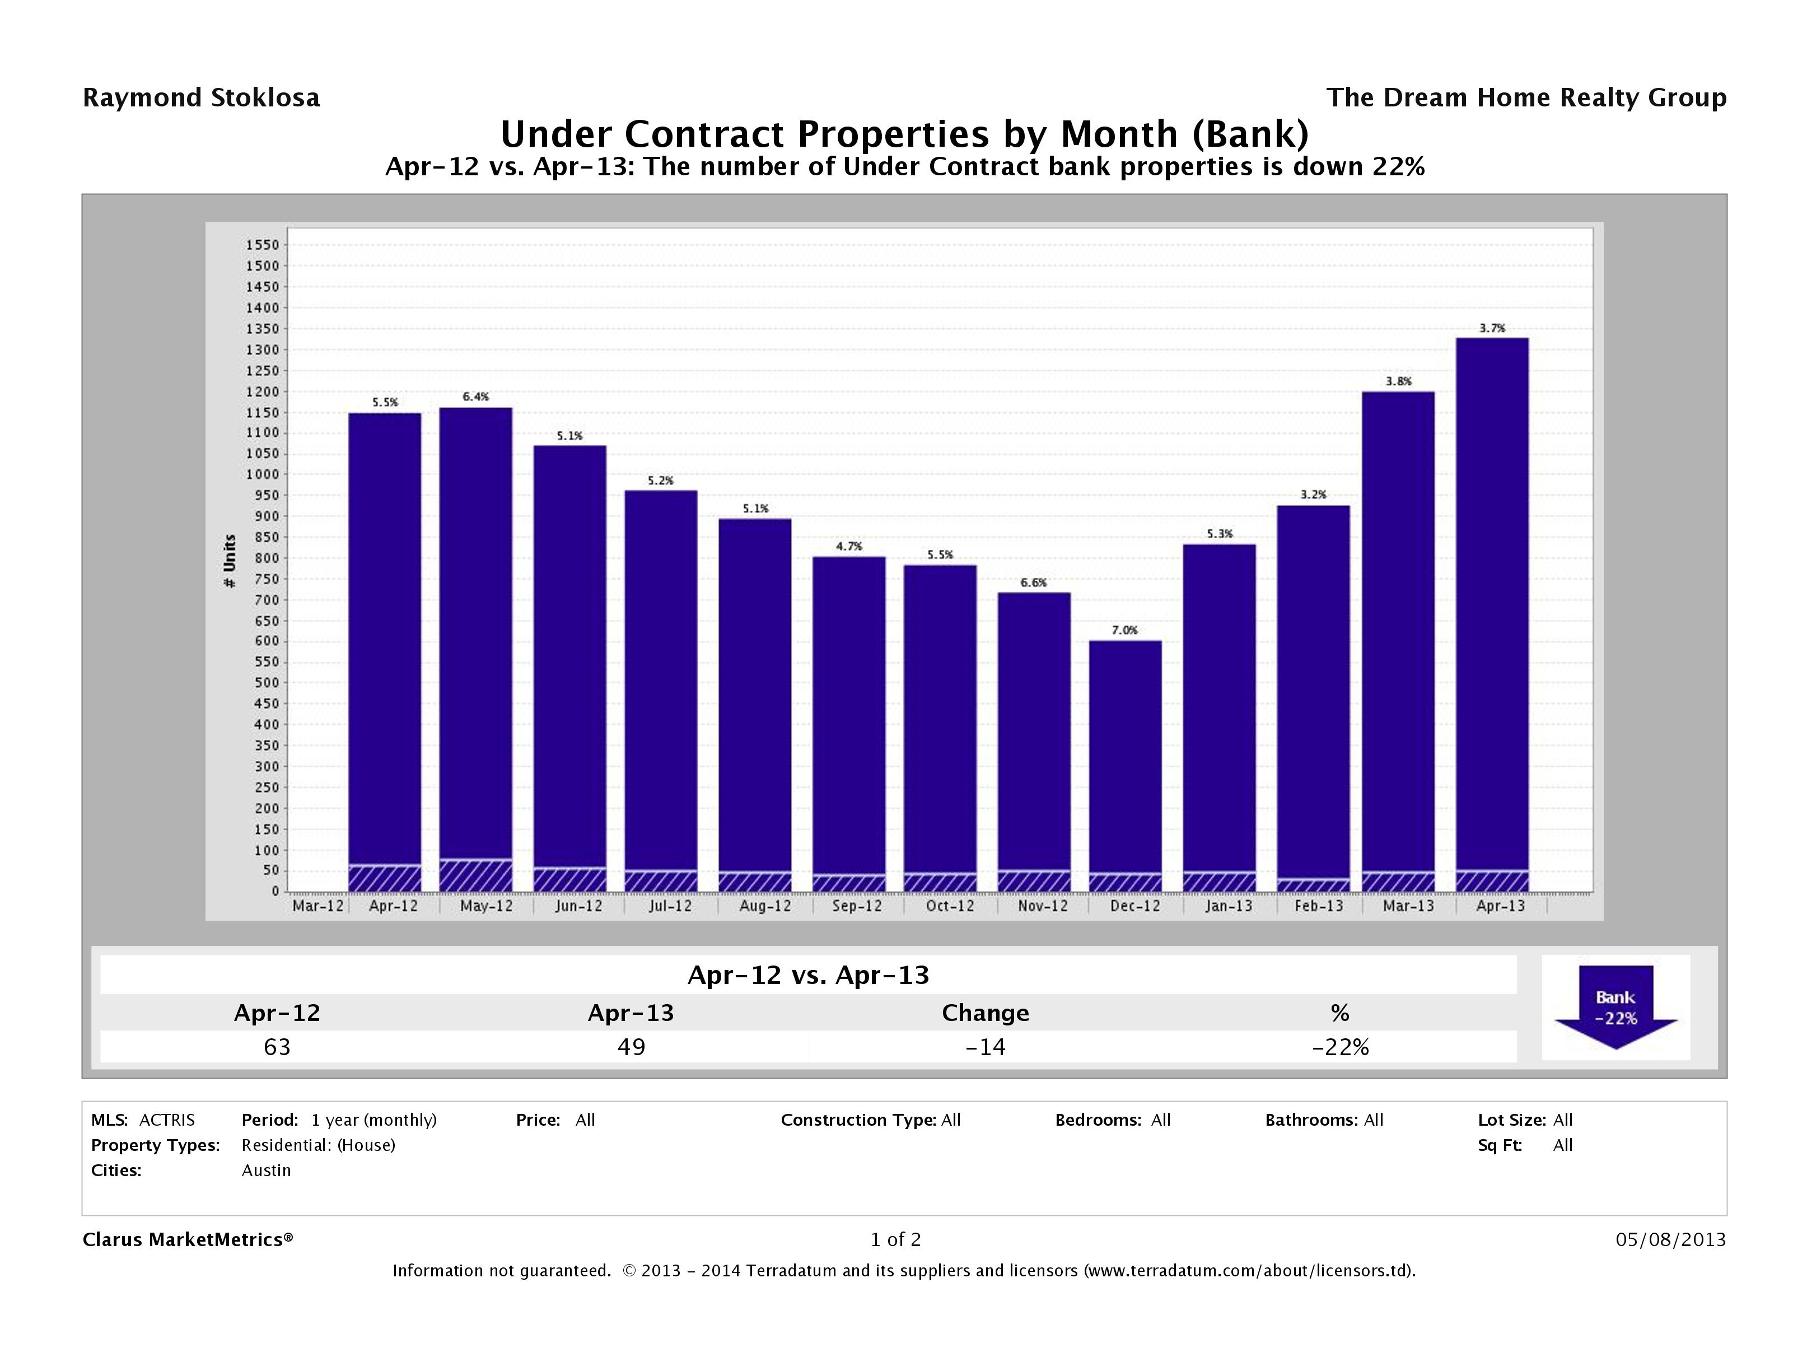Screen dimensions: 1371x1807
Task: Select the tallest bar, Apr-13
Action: [x=1492, y=605]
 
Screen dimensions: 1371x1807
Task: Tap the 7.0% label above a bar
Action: [x=1124, y=630]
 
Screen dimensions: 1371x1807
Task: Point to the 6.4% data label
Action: [x=475, y=397]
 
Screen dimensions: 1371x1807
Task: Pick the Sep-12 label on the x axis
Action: [x=857, y=906]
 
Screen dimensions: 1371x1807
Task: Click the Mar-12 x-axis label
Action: [x=317, y=906]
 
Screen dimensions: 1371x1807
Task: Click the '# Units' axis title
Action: [x=230, y=561]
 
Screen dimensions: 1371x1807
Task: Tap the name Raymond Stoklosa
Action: [x=201, y=98]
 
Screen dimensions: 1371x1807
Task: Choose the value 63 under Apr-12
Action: [x=277, y=1047]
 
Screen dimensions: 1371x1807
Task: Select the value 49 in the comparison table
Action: [x=632, y=1047]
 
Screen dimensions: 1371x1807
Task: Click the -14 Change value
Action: [x=985, y=1047]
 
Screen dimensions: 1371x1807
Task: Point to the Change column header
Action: [x=985, y=1013]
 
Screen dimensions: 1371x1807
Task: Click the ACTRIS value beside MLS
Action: [x=167, y=1120]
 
